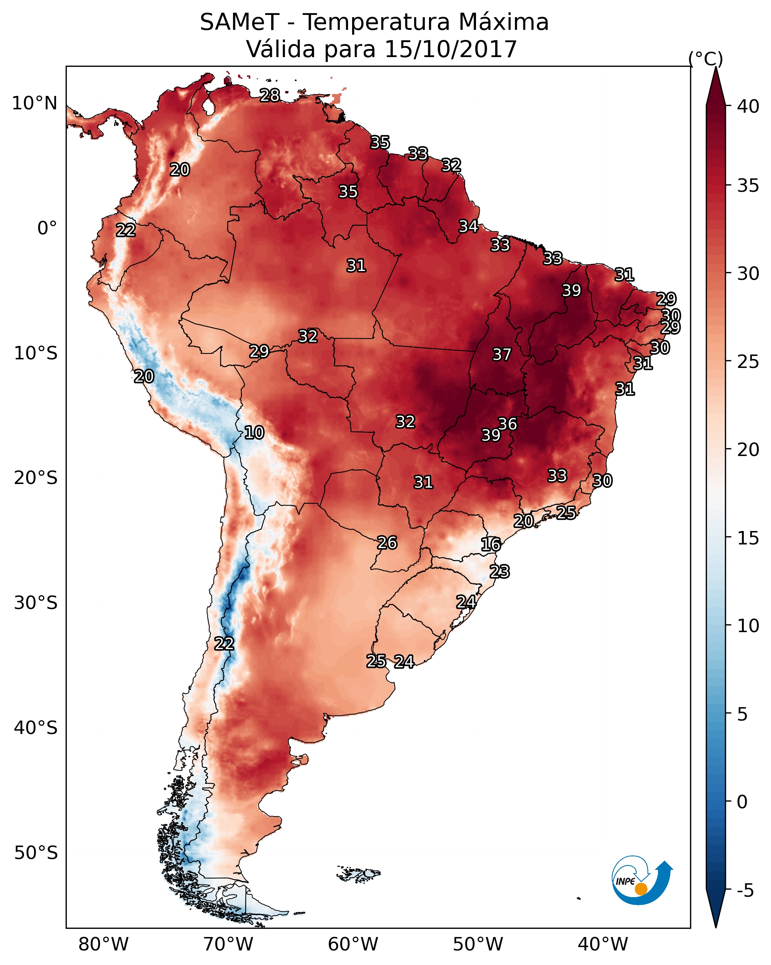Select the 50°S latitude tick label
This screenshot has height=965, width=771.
click(x=36, y=853)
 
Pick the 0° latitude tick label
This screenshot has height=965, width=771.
click(x=47, y=228)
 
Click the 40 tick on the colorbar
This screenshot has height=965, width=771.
click(x=748, y=106)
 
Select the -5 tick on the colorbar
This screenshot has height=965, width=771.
click(x=745, y=890)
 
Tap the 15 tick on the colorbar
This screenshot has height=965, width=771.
click(x=748, y=538)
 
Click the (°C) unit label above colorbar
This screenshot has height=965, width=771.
click(x=706, y=59)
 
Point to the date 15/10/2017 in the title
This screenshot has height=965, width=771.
click(x=450, y=49)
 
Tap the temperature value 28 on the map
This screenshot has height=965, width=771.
click(x=270, y=95)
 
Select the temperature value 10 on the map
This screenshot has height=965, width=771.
click(x=254, y=432)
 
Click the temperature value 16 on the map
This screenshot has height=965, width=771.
click(x=491, y=544)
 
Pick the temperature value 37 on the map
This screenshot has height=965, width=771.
click(x=502, y=355)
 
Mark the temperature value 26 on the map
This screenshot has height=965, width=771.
click(x=387, y=543)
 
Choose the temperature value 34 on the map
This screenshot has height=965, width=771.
click(x=468, y=226)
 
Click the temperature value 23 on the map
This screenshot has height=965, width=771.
click(x=499, y=572)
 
